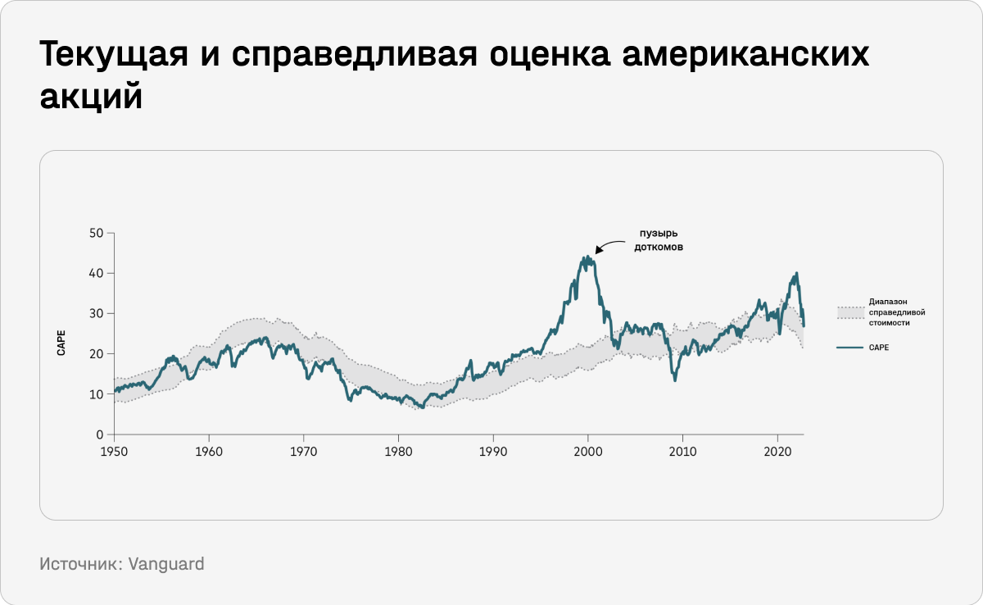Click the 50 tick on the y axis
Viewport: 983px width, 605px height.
[97, 233]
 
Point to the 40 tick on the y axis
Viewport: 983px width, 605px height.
[97, 273]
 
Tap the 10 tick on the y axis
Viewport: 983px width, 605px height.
[97, 394]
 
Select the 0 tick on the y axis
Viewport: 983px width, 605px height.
[100, 434]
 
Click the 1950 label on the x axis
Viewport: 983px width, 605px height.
[114, 451]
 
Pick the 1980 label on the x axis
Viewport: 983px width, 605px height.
[398, 451]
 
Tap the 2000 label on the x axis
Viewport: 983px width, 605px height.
[587, 451]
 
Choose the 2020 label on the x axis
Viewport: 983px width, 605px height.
[777, 451]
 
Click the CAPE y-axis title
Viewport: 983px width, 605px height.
[61, 342]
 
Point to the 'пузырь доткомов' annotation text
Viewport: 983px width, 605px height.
[659, 239]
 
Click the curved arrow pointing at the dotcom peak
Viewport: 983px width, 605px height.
[609, 244]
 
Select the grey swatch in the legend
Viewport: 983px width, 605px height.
[849, 312]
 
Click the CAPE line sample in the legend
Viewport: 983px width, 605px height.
[849, 348]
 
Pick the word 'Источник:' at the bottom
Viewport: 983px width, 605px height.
[80, 564]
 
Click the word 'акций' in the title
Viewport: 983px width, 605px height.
[92, 97]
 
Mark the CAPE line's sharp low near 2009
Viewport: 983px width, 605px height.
[675, 380]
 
